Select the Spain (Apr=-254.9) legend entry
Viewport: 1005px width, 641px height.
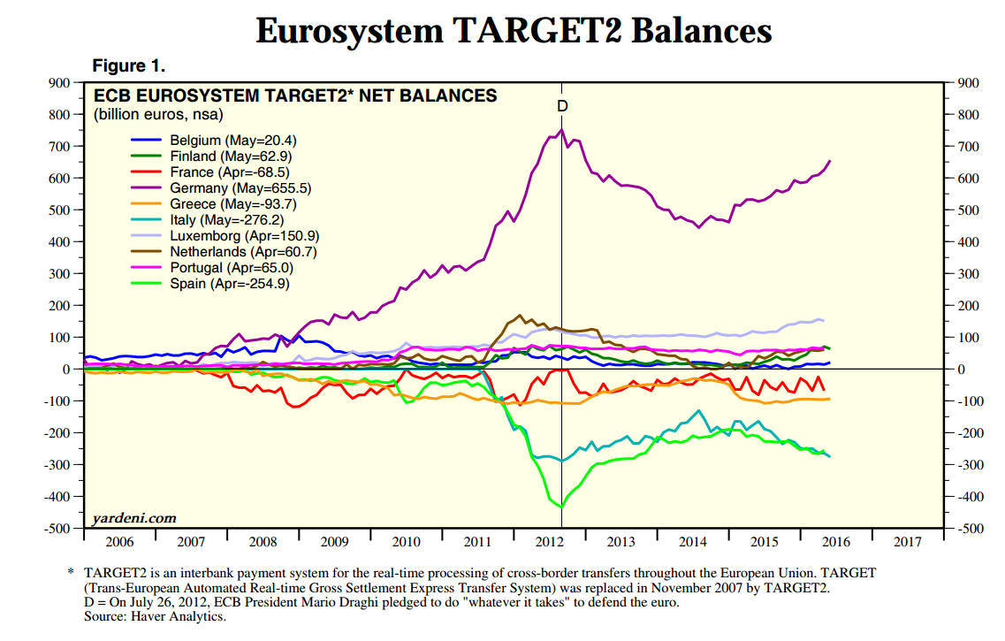pos(229,284)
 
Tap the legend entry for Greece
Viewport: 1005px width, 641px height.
pos(233,204)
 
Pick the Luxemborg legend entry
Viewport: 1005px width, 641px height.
pos(244,236)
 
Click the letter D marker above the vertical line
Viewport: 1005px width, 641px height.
pos(562,106)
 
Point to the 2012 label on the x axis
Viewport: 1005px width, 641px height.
pos(550,542)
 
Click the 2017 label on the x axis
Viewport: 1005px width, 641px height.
pos(908,542)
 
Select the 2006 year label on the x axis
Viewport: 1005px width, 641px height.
pos(119,542)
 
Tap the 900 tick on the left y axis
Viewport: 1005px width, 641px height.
pos(58,83)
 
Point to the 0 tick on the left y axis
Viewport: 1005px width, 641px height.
pos(65,370)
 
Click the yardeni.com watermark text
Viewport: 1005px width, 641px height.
pos(134,517)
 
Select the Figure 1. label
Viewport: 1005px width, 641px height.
pos(129,65)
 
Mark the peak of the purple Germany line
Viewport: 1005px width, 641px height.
pos(561,130)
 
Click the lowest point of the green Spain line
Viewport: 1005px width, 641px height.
pos(561,507)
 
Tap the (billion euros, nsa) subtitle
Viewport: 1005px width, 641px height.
pos(158,114)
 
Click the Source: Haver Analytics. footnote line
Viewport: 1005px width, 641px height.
pos(155,616)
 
